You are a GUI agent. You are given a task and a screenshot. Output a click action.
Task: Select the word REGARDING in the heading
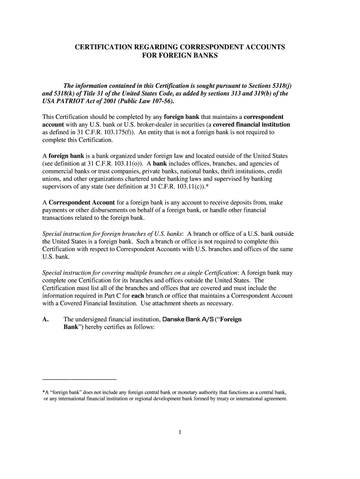[160, 48]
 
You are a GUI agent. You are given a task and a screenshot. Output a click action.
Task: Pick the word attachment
[175, 304]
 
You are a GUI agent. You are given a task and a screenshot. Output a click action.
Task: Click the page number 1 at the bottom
[180, 432]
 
